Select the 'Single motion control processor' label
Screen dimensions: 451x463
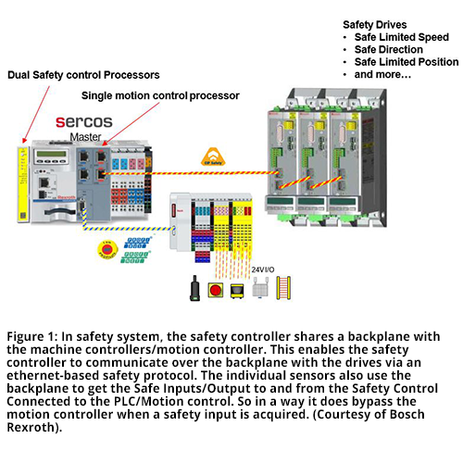pyautogui.click(x=161, y=95)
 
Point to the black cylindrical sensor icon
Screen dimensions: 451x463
pyautogui.click(x=194, y=289)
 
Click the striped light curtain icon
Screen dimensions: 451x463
pyautogui.click(x=284, y=288)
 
